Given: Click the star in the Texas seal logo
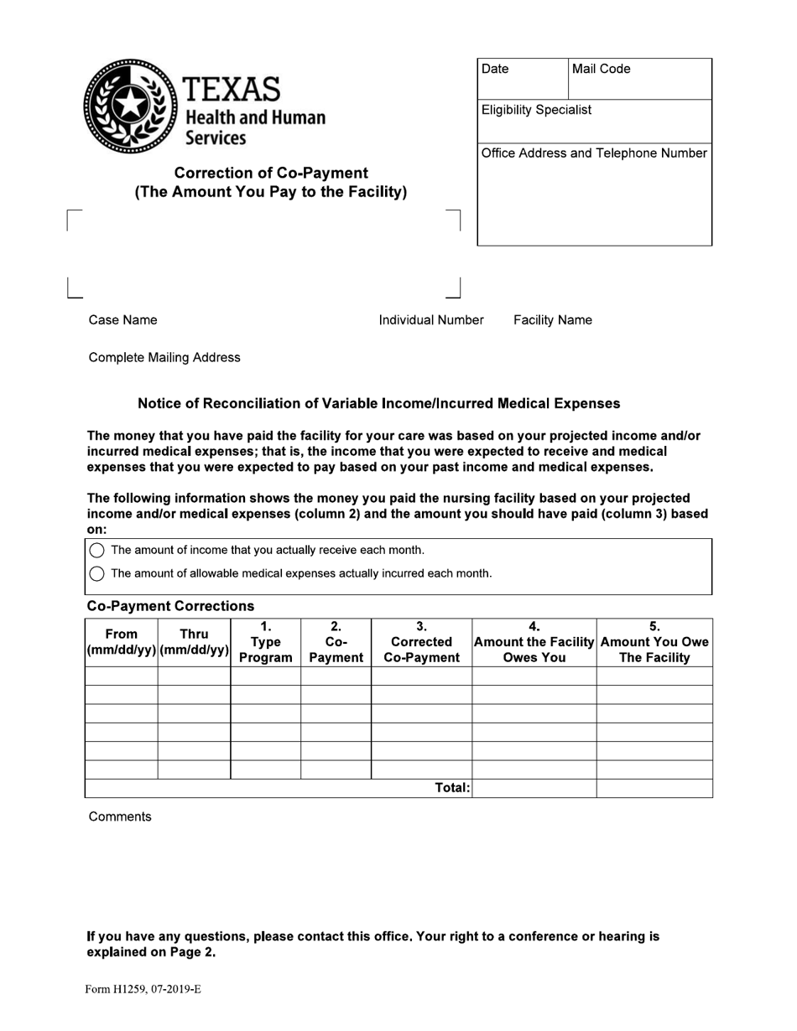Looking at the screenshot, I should point(130,106).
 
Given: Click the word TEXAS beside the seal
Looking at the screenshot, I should point(231,89).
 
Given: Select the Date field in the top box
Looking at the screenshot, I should point(523,79).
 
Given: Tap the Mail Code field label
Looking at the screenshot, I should point(601,69).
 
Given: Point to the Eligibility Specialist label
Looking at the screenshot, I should point(536,110).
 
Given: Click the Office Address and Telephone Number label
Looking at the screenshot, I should point(594,153).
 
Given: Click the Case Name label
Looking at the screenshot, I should point(122,320).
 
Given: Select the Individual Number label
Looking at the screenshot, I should point(430,320).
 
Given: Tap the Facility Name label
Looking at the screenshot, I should point(552,320).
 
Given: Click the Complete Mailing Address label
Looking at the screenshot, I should point(164,358).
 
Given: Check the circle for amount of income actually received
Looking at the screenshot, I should point(96,550).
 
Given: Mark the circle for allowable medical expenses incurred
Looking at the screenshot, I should point(96,573).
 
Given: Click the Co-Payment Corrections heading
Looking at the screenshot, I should point(170,606).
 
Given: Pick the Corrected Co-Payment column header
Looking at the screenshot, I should point(421,642).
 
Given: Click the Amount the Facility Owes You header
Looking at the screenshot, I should point(534,642).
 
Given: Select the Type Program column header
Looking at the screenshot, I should point(265,642).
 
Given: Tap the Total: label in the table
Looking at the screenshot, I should point(452,788).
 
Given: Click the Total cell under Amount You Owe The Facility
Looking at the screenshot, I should point(654,788).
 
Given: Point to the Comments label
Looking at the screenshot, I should point(120,817).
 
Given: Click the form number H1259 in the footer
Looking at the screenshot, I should point(143,989).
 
